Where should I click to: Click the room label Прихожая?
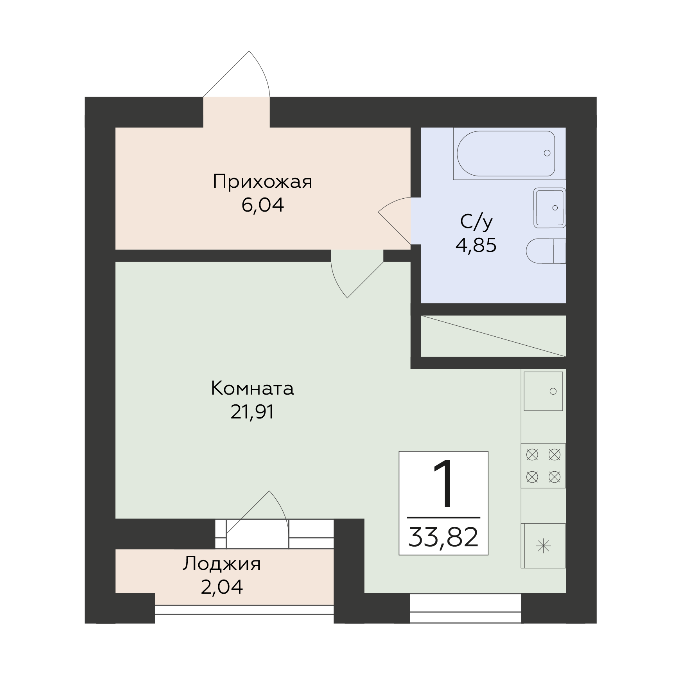262,182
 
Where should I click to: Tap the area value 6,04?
262,205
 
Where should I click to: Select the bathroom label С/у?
476,222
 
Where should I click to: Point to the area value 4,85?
476,246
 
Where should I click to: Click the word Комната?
252,389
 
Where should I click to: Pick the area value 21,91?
252,412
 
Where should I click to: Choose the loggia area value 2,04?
222,587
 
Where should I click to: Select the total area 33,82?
443,537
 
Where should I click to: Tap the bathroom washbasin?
550,208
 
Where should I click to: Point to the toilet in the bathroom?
546,251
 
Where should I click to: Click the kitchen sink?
543,391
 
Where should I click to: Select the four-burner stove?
543,465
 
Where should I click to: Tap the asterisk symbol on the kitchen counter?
544,546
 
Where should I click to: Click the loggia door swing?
257,516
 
